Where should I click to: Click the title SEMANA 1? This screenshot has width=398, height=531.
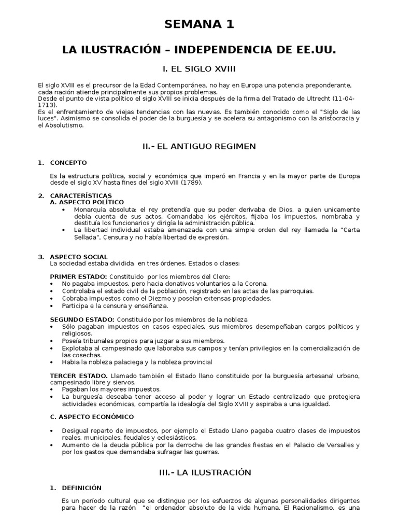[199, 24]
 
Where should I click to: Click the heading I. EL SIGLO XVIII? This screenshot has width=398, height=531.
[199, 68]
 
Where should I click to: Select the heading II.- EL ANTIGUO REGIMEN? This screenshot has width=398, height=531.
[199, 146]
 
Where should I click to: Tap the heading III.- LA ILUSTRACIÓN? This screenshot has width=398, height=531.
[199, 472]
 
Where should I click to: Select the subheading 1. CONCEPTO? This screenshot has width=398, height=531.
[63, 163]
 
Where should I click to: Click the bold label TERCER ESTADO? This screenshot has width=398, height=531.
[79, 375]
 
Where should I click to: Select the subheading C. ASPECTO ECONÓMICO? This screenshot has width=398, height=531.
[92, 416]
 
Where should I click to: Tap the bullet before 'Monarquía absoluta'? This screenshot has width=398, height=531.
[63, 209]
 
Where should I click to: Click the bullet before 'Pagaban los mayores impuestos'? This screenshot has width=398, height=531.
[52, 389]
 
